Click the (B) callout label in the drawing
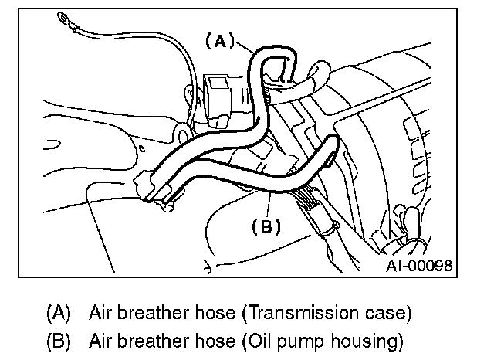click(266, 226)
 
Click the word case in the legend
click(390, 314)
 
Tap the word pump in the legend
click(292, 340)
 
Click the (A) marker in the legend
click(58, 314)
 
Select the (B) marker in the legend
click(58, 340)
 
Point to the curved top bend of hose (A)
click(274, 54)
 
